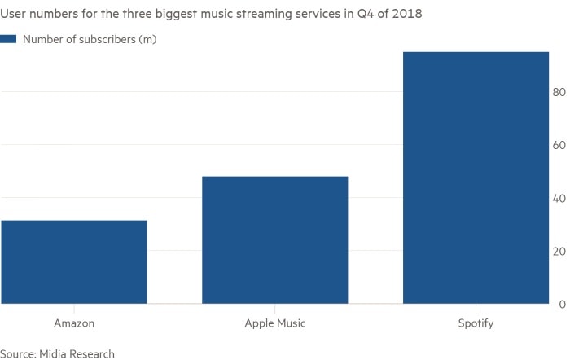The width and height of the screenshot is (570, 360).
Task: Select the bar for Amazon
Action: click(73, 261)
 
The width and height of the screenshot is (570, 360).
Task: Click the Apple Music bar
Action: click(274, 239)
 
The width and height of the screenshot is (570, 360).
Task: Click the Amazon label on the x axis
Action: click(74, 323)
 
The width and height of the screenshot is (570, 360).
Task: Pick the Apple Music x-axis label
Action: click(275, 323)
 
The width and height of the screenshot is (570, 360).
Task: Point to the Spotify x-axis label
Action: click(475, 323)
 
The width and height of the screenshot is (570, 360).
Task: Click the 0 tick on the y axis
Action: click(560, 305)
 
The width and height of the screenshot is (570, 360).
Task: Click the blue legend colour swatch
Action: click(8, 39)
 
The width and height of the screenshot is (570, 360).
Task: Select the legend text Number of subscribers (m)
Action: click(90, 39)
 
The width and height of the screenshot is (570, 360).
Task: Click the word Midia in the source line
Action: click(54, 353)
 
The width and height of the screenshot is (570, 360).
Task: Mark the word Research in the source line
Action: click(92, 353)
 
